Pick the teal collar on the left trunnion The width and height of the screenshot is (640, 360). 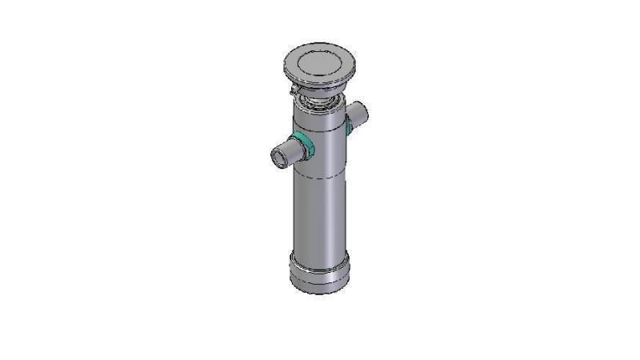(304, 144)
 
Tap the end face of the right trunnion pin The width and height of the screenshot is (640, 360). (363, 111)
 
